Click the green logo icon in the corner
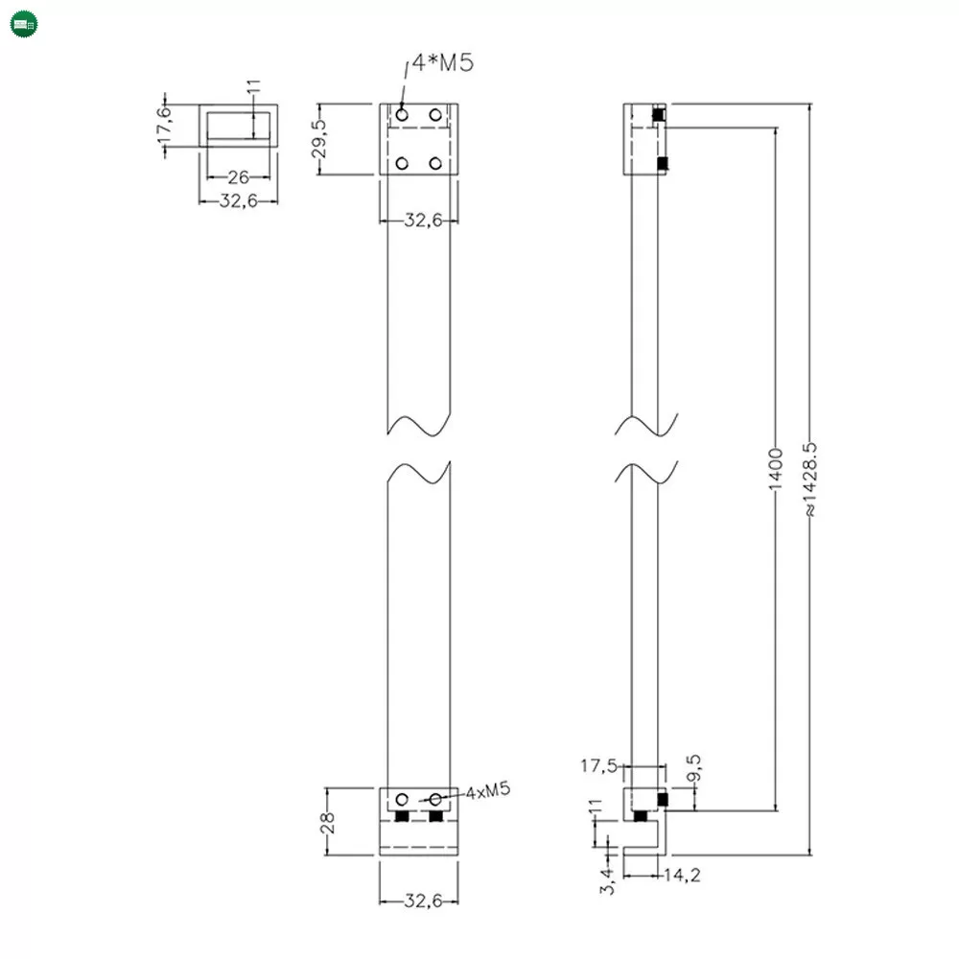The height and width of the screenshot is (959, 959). point(24,24)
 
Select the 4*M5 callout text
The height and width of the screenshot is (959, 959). point(443,64)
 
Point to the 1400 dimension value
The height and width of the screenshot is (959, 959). point(777,466)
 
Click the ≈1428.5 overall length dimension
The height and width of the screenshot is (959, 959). point(810,480)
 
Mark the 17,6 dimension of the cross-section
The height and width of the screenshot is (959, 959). point(164,126)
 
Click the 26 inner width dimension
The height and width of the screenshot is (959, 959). point(238,177)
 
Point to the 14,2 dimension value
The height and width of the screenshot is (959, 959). point(679,874)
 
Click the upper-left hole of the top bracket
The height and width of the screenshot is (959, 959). point(402,115)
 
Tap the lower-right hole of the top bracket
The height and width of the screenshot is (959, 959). point(435,164)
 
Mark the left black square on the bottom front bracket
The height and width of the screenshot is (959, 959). point(402,816)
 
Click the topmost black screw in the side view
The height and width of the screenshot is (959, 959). point(658,115)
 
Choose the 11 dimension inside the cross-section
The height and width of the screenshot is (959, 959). point(253,96)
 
